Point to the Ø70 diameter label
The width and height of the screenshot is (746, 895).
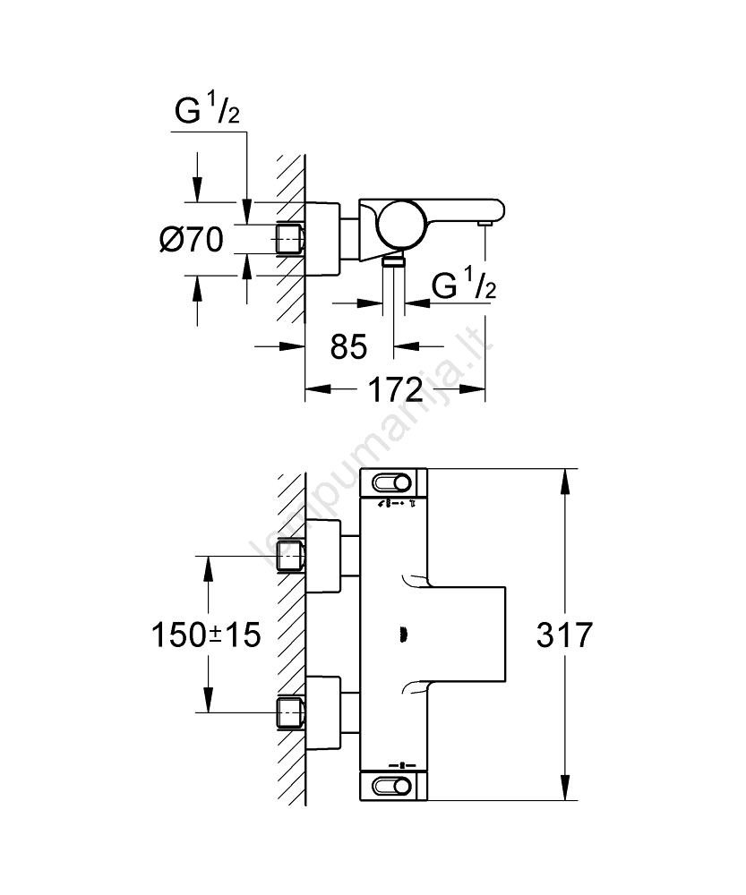(190, 239)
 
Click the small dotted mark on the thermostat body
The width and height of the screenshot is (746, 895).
(400, 635)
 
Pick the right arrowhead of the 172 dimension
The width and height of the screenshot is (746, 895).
(476, 389)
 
